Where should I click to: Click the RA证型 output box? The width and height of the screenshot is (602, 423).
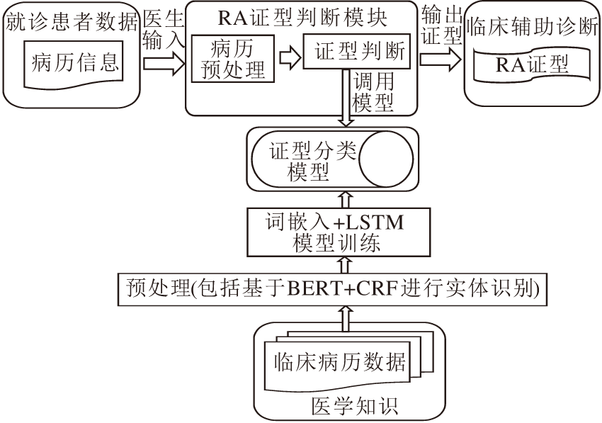[x=531, y=66]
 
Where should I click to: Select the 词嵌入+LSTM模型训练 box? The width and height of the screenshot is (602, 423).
[x=336, y=232]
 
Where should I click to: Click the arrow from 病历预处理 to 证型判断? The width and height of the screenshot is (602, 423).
[x=288, y=57]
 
